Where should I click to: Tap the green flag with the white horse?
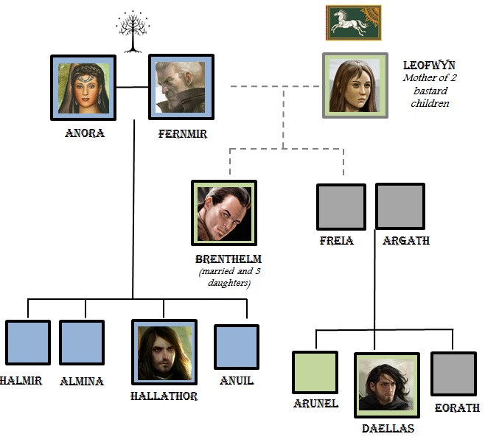354,23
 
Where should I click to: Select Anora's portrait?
84,87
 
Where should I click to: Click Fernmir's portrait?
181,87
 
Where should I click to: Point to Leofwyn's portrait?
355,85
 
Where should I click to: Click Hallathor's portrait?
164,351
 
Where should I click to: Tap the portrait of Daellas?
387,385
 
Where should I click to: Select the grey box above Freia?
341,207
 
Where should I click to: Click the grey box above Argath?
400,206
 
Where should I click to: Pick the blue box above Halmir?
27,343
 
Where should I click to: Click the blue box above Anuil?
237,347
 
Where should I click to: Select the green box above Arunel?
315,373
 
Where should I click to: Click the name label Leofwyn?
430,66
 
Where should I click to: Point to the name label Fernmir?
182,134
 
